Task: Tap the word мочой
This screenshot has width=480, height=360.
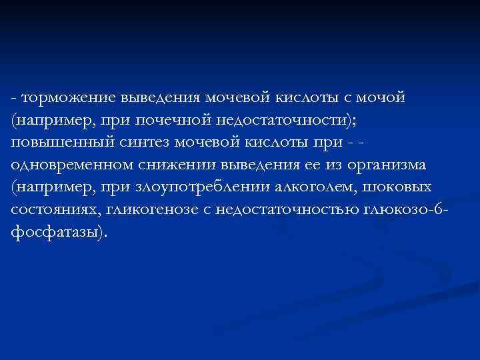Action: (x=381, y=98)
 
